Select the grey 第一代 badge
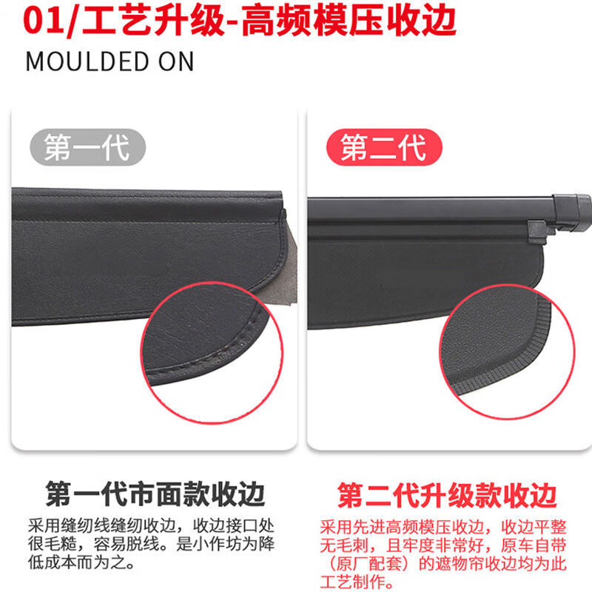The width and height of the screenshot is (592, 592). (x=87, y=147)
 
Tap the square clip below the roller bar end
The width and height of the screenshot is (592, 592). (x=538, y=229)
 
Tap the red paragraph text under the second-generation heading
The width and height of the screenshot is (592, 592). (x=444, y=555)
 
